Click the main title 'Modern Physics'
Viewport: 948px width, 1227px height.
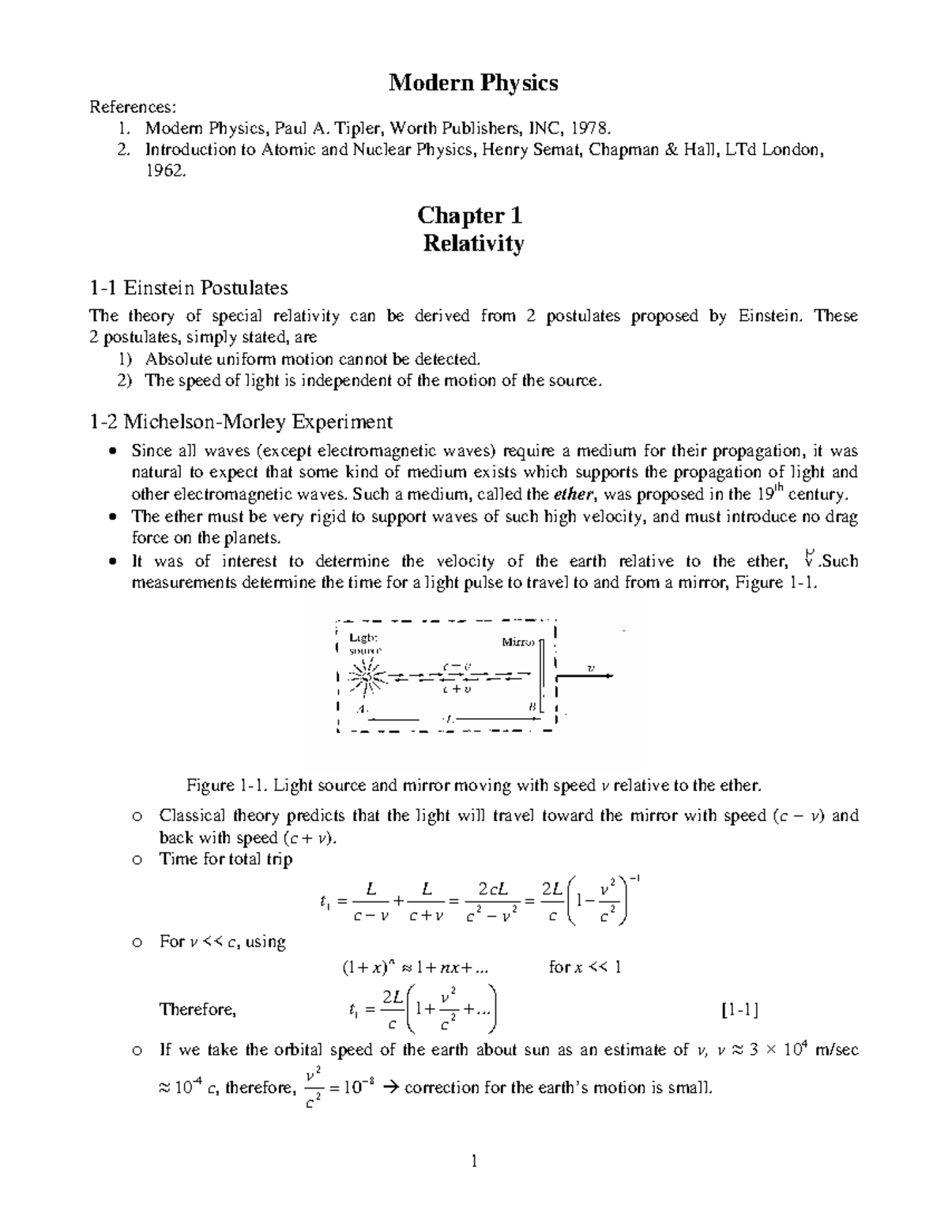click(473, 82)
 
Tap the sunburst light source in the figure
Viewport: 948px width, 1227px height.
click(366, 676)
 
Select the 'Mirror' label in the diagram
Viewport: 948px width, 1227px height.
click(518, 642)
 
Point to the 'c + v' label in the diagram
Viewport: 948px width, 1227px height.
click(457, 690)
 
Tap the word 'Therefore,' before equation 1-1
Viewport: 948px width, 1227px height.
click(197, 1009)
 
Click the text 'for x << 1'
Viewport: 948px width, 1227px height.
click(585, 967)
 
